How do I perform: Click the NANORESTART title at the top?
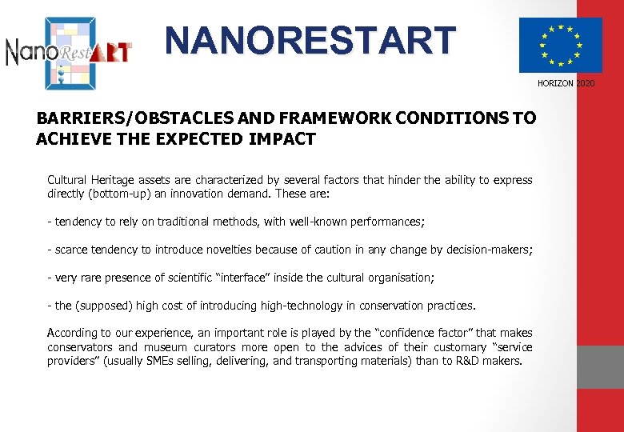pyautogui.click(x=310, y=40)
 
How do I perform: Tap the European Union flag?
pyautogui.click(x=560, y=46)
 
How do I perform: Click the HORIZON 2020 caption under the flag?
pyautogui.click(x=566, y=83)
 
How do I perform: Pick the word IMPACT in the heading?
pyautogui.click(x=283, y=139)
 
